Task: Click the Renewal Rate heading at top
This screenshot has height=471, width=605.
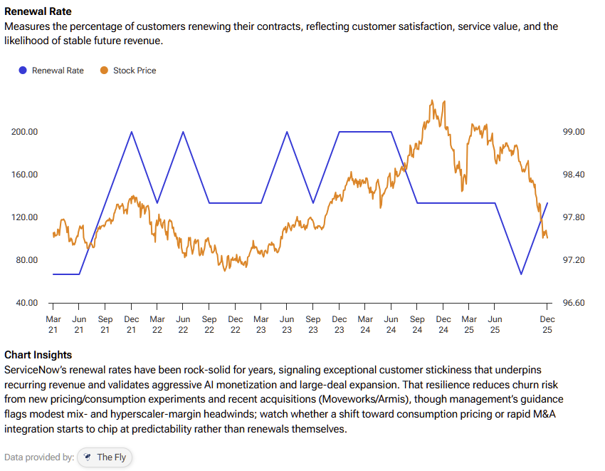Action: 38,12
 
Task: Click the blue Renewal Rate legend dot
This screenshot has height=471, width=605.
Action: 23,71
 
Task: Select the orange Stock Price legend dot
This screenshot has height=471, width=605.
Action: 104,71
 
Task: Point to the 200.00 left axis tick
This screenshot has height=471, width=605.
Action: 24,132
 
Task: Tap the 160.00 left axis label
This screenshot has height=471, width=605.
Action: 24,175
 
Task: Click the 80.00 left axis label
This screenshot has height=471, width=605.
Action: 26,260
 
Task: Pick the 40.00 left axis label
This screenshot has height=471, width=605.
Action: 26,303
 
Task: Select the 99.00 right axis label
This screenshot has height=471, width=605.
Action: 573,132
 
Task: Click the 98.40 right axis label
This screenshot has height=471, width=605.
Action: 573,175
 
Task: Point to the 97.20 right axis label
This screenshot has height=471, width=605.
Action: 573,260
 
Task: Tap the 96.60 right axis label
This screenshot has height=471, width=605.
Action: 573,303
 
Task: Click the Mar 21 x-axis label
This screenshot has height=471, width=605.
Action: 53,324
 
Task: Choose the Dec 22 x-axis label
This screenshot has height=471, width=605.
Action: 236,324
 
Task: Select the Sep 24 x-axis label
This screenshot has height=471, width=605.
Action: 417,324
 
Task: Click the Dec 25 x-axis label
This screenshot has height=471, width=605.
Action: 547,324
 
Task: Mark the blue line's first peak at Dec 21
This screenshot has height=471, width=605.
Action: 132,132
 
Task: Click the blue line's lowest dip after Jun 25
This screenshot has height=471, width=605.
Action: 521,274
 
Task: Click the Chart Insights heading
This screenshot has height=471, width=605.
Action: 38,355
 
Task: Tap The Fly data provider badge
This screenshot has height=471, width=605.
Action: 105,457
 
